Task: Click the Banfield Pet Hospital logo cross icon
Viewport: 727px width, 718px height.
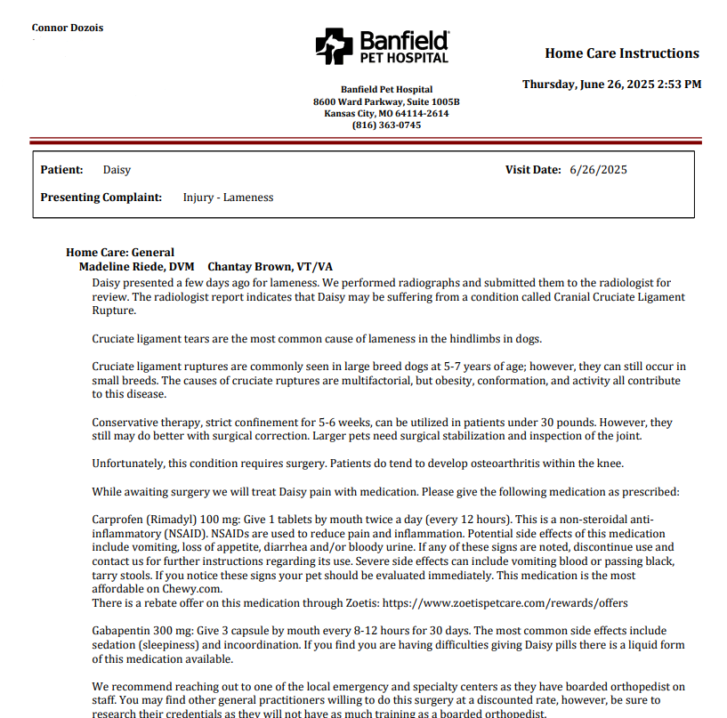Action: point(335,45)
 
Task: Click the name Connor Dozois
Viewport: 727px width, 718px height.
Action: point(68,28)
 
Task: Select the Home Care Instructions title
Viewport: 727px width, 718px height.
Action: point(622,53)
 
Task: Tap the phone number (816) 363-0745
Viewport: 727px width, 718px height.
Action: point(386,125)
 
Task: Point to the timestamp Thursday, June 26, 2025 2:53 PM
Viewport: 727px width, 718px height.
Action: point(611,85)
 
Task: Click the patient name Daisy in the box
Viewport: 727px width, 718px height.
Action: point(117,170)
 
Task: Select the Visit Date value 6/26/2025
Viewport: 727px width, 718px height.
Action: point(598,170)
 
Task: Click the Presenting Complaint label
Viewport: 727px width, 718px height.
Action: point(101,198)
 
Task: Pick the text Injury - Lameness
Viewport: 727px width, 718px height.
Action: point(228,198)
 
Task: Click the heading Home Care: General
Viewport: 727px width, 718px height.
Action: point(120,253)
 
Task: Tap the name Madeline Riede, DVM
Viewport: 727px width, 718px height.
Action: point(136,267)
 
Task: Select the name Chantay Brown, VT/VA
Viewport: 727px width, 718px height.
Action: point(270,267)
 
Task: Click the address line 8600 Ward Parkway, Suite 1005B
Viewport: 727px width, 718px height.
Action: point(386,101)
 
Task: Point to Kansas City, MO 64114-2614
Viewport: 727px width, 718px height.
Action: point(386,114)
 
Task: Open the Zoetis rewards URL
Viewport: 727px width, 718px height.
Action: point(535,603)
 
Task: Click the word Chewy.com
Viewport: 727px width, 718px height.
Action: point(191,589)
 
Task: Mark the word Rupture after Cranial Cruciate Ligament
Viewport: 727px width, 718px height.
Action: point(114,311)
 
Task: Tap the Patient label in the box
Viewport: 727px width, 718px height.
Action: point(62,170)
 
